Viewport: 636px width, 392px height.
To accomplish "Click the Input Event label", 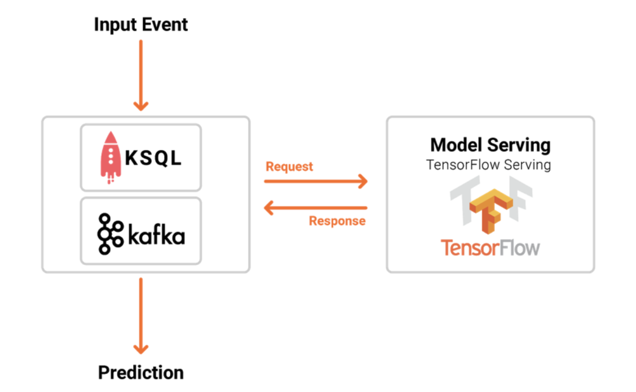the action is point(141,25).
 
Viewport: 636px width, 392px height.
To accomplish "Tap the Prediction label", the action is point(141,372).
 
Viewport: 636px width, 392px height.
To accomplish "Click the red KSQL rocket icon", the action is point(110,157).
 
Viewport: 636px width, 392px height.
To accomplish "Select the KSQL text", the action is point(153,158).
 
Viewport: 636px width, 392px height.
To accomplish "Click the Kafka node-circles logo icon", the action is point(110,234).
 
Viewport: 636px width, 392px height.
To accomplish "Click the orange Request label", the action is point(289,167).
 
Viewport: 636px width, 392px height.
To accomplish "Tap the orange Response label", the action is point(337,221).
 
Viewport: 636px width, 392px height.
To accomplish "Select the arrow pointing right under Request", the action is point(316,181).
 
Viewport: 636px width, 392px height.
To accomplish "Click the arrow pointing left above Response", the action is point(316,208).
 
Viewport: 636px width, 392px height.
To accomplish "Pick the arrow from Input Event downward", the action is point(141,75).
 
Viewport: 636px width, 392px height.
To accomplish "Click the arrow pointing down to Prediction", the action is point(141,316).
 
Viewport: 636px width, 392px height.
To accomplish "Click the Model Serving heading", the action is point(490,145).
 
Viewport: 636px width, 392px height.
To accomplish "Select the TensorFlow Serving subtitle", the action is point(488,165).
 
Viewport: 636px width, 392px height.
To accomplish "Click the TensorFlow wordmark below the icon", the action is point(490,248).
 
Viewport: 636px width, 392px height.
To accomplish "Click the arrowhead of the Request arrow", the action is point(364,181).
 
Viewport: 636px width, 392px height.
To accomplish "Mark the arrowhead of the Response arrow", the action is point(268,208).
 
